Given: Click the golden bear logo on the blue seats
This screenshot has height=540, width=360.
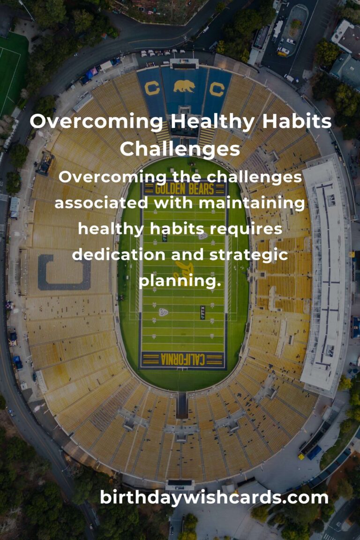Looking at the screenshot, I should pos(184,86).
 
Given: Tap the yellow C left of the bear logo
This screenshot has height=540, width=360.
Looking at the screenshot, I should pos(152,88).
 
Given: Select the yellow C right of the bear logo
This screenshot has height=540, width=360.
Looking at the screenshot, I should pos(217,88).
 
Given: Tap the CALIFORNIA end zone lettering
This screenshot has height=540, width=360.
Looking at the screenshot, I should pos(183,360).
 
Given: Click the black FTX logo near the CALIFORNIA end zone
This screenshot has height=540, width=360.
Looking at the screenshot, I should pos(202,312).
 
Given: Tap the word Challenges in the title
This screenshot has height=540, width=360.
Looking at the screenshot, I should pos(180,149).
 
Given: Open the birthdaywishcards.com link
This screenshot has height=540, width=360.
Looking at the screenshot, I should pos(214,497).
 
